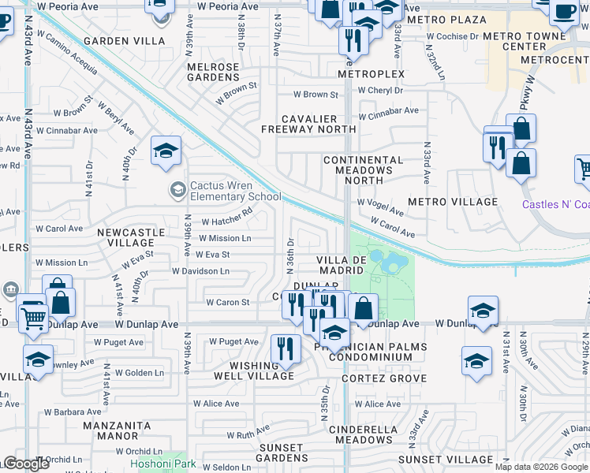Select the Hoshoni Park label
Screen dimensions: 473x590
pos(167,464)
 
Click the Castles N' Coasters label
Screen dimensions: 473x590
pos(555,204)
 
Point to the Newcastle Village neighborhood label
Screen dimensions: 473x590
pos(131,238)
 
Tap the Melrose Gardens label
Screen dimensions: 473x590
pos(213,72)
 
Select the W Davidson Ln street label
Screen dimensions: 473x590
pos(201,271)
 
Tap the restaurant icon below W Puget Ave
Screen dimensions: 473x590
pos(285,348)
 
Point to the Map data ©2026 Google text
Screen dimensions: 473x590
pos(540,467)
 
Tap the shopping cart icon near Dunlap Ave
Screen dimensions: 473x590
pos(32,318)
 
